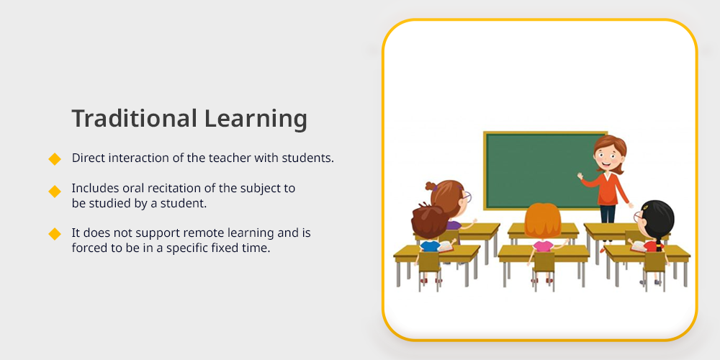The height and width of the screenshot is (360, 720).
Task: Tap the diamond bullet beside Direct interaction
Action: tap(55, 159)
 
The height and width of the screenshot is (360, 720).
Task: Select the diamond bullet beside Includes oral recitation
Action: tap(55, 192)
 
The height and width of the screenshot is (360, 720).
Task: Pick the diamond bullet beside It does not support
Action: tap(55, 234)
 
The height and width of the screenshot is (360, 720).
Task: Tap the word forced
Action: tap(86, 248)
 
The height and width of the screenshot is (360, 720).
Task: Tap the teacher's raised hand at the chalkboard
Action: tap(580, 176)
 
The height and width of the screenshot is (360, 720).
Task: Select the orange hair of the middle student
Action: tap(542, 220)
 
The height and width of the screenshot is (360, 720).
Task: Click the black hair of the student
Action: tap(657, 220)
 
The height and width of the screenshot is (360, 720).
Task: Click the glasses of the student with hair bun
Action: tap(466, 197)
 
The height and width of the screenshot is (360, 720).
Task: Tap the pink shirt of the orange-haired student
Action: tap(543, 246)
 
